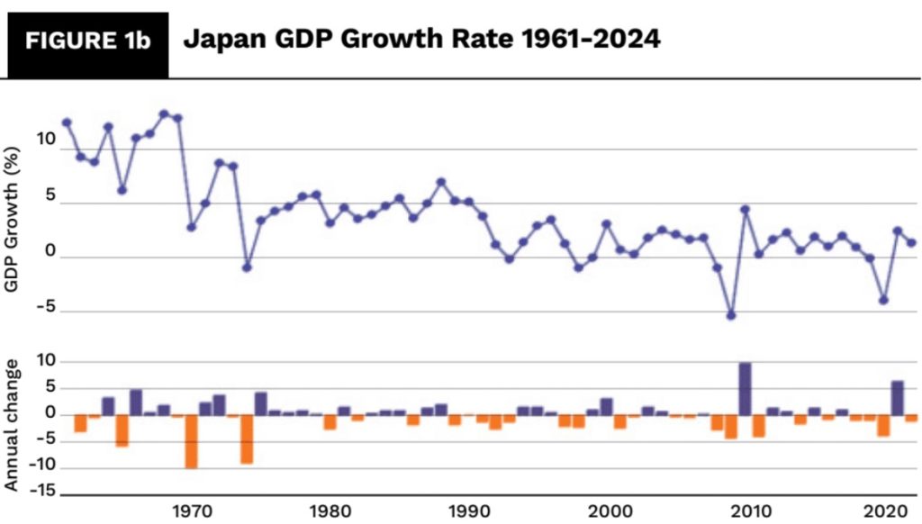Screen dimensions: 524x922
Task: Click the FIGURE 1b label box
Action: point(88,43)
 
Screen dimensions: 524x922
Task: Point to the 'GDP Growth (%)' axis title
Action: point(14,212)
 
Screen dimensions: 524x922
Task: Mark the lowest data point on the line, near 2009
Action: point(731,315)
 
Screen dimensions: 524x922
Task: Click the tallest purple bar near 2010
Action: point(746,389)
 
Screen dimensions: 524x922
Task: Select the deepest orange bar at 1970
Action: point(191,441)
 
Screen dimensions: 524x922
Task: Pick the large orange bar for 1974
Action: point(247,438)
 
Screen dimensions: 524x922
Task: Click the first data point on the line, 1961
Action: point(67,122)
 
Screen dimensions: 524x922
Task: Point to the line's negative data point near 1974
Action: point(247,267)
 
